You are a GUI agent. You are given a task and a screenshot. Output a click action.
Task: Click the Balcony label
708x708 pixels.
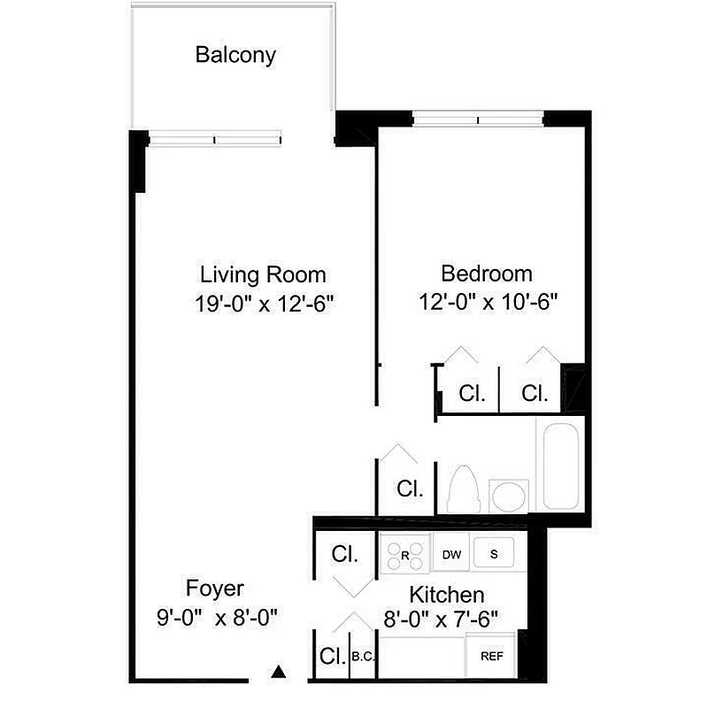[235, 55]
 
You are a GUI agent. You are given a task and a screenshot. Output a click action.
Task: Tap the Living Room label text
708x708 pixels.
[263, 273]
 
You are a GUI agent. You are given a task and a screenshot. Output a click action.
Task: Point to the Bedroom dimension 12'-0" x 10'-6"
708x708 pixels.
[488, 302]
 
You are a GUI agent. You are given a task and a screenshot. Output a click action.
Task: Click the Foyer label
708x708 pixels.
[214, 589]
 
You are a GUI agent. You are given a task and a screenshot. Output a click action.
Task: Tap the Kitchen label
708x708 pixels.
[446, 594]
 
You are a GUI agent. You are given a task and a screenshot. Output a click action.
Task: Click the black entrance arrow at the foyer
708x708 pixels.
[280, 673]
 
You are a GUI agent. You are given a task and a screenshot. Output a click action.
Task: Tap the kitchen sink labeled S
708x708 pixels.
[496, 554]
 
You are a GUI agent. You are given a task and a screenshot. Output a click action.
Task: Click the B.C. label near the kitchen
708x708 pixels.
[363, 657]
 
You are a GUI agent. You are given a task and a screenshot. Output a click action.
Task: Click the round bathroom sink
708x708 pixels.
[508, 495]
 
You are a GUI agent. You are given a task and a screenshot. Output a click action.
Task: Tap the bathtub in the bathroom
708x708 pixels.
[560, 466]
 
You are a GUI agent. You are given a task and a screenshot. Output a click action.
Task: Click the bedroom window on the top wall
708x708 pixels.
[478, 117]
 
